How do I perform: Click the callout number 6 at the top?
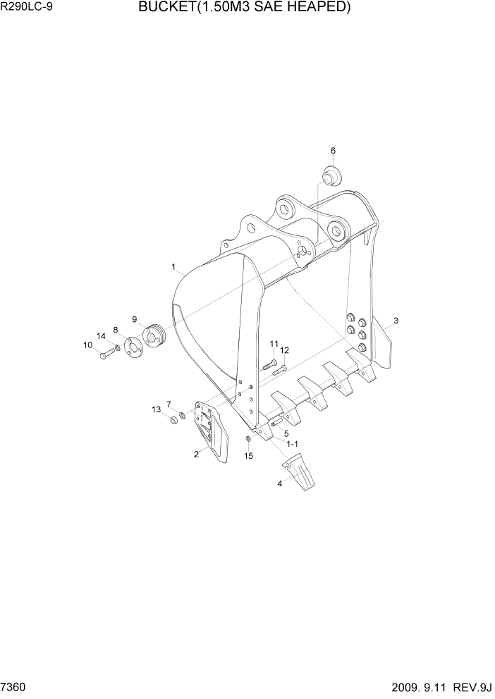(x=333, y=150)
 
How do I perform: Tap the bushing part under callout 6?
(x=330, y=173)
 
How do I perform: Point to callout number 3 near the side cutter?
(x=396, y=321)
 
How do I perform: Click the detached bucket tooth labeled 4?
(x=299, y=476)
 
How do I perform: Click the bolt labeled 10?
(x=105, y=355)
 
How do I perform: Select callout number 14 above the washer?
(x=101, y=335)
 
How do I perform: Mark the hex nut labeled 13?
(x=171, y=421)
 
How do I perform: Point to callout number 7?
(x=169, y=404)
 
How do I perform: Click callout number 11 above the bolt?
(x=274, y=343)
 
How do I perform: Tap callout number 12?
(x=284, y=350)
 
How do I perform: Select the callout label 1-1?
(x=292, y=443)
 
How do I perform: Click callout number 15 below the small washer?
(x=248, y=456)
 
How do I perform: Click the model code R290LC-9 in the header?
(x=28, y=9)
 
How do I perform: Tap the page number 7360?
(x=16, y=686)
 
